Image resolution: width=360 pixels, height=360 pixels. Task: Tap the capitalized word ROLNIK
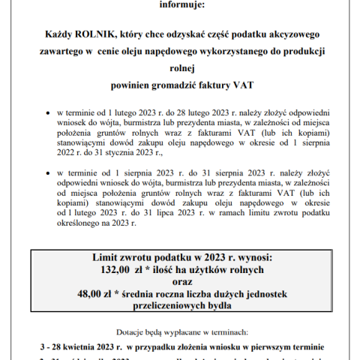(x=100, y=33)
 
